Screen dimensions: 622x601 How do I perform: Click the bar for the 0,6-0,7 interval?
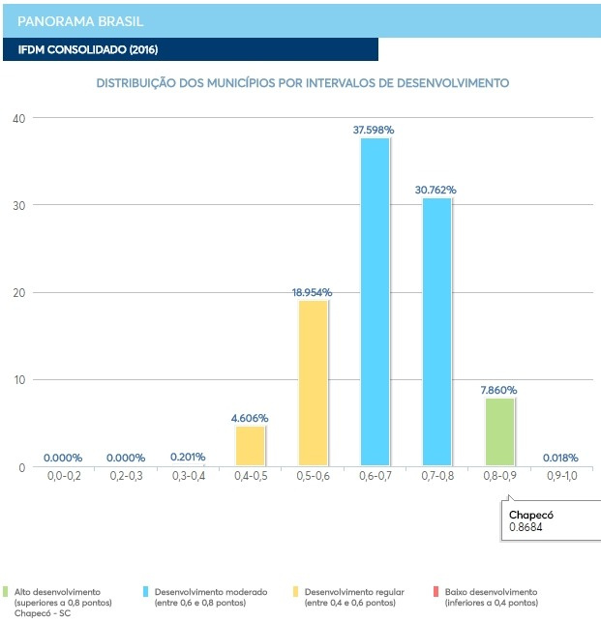[x=376, y=302]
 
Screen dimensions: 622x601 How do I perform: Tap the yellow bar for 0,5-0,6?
[x=313, y=383]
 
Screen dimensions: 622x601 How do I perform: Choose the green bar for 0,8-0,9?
[x=499, y=431]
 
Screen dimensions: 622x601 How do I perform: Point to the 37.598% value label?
[x=376, y=130]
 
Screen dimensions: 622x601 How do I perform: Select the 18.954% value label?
[x=313, y=291]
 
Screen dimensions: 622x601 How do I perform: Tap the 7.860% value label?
[x=498, y=390]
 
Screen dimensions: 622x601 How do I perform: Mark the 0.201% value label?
[x=188, y=457]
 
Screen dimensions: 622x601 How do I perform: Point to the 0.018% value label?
[x=560, y=458]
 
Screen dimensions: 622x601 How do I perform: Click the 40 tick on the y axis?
[x=18, y=118]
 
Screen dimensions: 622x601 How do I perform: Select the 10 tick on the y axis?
[x=18, y=380]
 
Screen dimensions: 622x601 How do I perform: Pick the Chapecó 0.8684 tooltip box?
[x=543, y=521]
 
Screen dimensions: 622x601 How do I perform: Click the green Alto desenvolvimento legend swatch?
[x=7, y=591]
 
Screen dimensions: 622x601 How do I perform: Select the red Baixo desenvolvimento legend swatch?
[x=437, y=591]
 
